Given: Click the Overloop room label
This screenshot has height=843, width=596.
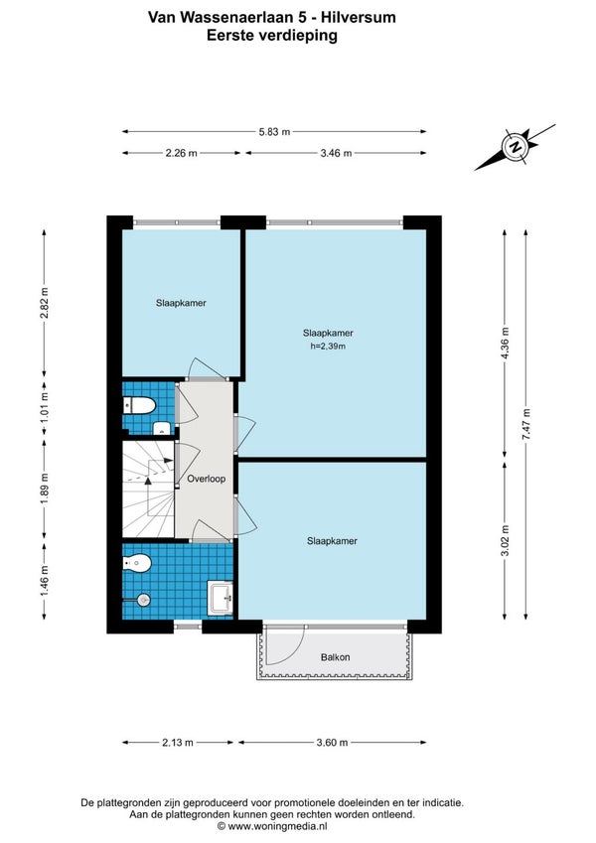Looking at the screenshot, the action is [206, 479].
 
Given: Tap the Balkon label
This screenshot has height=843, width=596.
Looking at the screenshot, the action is [335, 657].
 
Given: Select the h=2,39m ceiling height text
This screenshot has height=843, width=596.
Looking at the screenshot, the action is [328, 347].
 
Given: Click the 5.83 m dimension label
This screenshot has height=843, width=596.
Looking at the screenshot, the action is [274, 132].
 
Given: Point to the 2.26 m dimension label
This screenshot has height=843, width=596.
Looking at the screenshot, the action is [181, 153].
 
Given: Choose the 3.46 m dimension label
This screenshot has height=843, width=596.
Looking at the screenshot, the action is [336, 153].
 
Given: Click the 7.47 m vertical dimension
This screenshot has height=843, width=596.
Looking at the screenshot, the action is [526, 425].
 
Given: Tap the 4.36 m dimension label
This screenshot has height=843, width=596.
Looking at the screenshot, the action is [505, 344].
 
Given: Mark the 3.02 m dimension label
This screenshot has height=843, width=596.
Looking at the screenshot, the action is [505, 541].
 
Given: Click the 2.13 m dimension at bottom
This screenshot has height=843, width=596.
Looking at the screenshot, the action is [178, 743].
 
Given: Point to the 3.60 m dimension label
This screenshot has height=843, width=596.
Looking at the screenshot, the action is [332, 743].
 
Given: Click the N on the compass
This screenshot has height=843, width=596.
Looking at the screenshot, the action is [516, 146].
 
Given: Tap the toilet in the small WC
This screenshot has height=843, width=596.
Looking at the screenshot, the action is [140, 405].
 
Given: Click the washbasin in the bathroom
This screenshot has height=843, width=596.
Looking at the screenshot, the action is [221, 598].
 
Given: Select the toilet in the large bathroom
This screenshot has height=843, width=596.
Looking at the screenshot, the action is [137, 563].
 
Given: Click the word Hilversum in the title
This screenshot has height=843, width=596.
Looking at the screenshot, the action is [359, 17].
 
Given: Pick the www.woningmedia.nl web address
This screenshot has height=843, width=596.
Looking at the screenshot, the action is [277, 826].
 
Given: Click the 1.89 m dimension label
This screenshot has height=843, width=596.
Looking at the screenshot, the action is [45, 490].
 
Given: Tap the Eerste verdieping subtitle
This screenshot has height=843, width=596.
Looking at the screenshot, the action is [272, 36].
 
